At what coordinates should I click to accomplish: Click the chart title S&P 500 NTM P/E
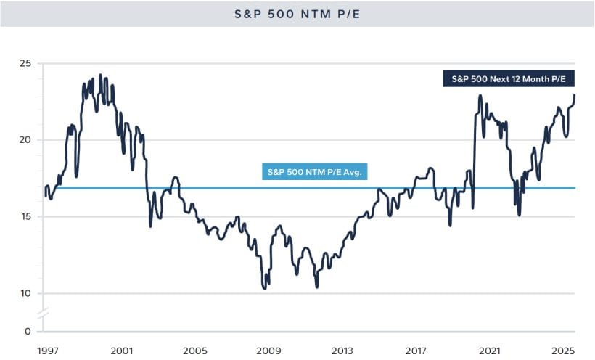click(x=297, y=13)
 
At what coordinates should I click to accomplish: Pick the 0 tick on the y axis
click(x=28, y=332)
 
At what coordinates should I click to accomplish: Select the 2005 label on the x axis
click(x=194, y=349)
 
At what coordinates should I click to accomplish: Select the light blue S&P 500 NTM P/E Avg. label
click(x=316, y=172)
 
